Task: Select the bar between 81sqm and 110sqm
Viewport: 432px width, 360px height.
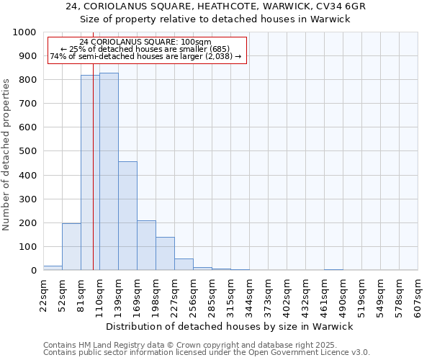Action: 90,173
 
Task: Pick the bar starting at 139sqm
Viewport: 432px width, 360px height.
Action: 127,216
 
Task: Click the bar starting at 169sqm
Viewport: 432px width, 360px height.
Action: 146,246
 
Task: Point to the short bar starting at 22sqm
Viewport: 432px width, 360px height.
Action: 53,268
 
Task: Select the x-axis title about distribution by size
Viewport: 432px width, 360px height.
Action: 230,326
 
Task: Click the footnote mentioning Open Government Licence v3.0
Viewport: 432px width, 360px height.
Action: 207,352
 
